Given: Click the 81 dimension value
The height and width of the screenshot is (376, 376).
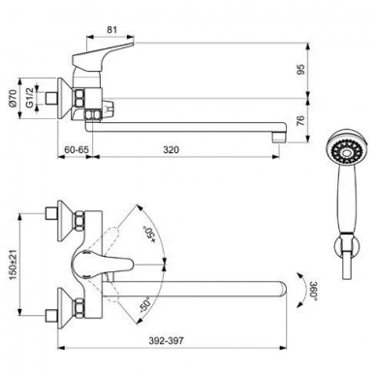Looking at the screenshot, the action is point(111,30).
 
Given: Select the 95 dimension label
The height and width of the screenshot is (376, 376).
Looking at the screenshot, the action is point(300,70).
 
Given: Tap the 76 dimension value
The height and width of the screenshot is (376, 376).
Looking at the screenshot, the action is point(300,120).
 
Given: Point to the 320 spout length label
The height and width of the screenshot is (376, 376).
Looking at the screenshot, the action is point(171,149).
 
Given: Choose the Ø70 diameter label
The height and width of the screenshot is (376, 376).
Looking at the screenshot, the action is point(13,99).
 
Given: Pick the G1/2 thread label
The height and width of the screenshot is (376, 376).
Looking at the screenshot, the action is point(29,98).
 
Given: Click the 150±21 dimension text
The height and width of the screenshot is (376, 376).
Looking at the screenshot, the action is point(13,264).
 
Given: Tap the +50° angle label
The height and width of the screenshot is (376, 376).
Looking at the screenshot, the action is point(149,234).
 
